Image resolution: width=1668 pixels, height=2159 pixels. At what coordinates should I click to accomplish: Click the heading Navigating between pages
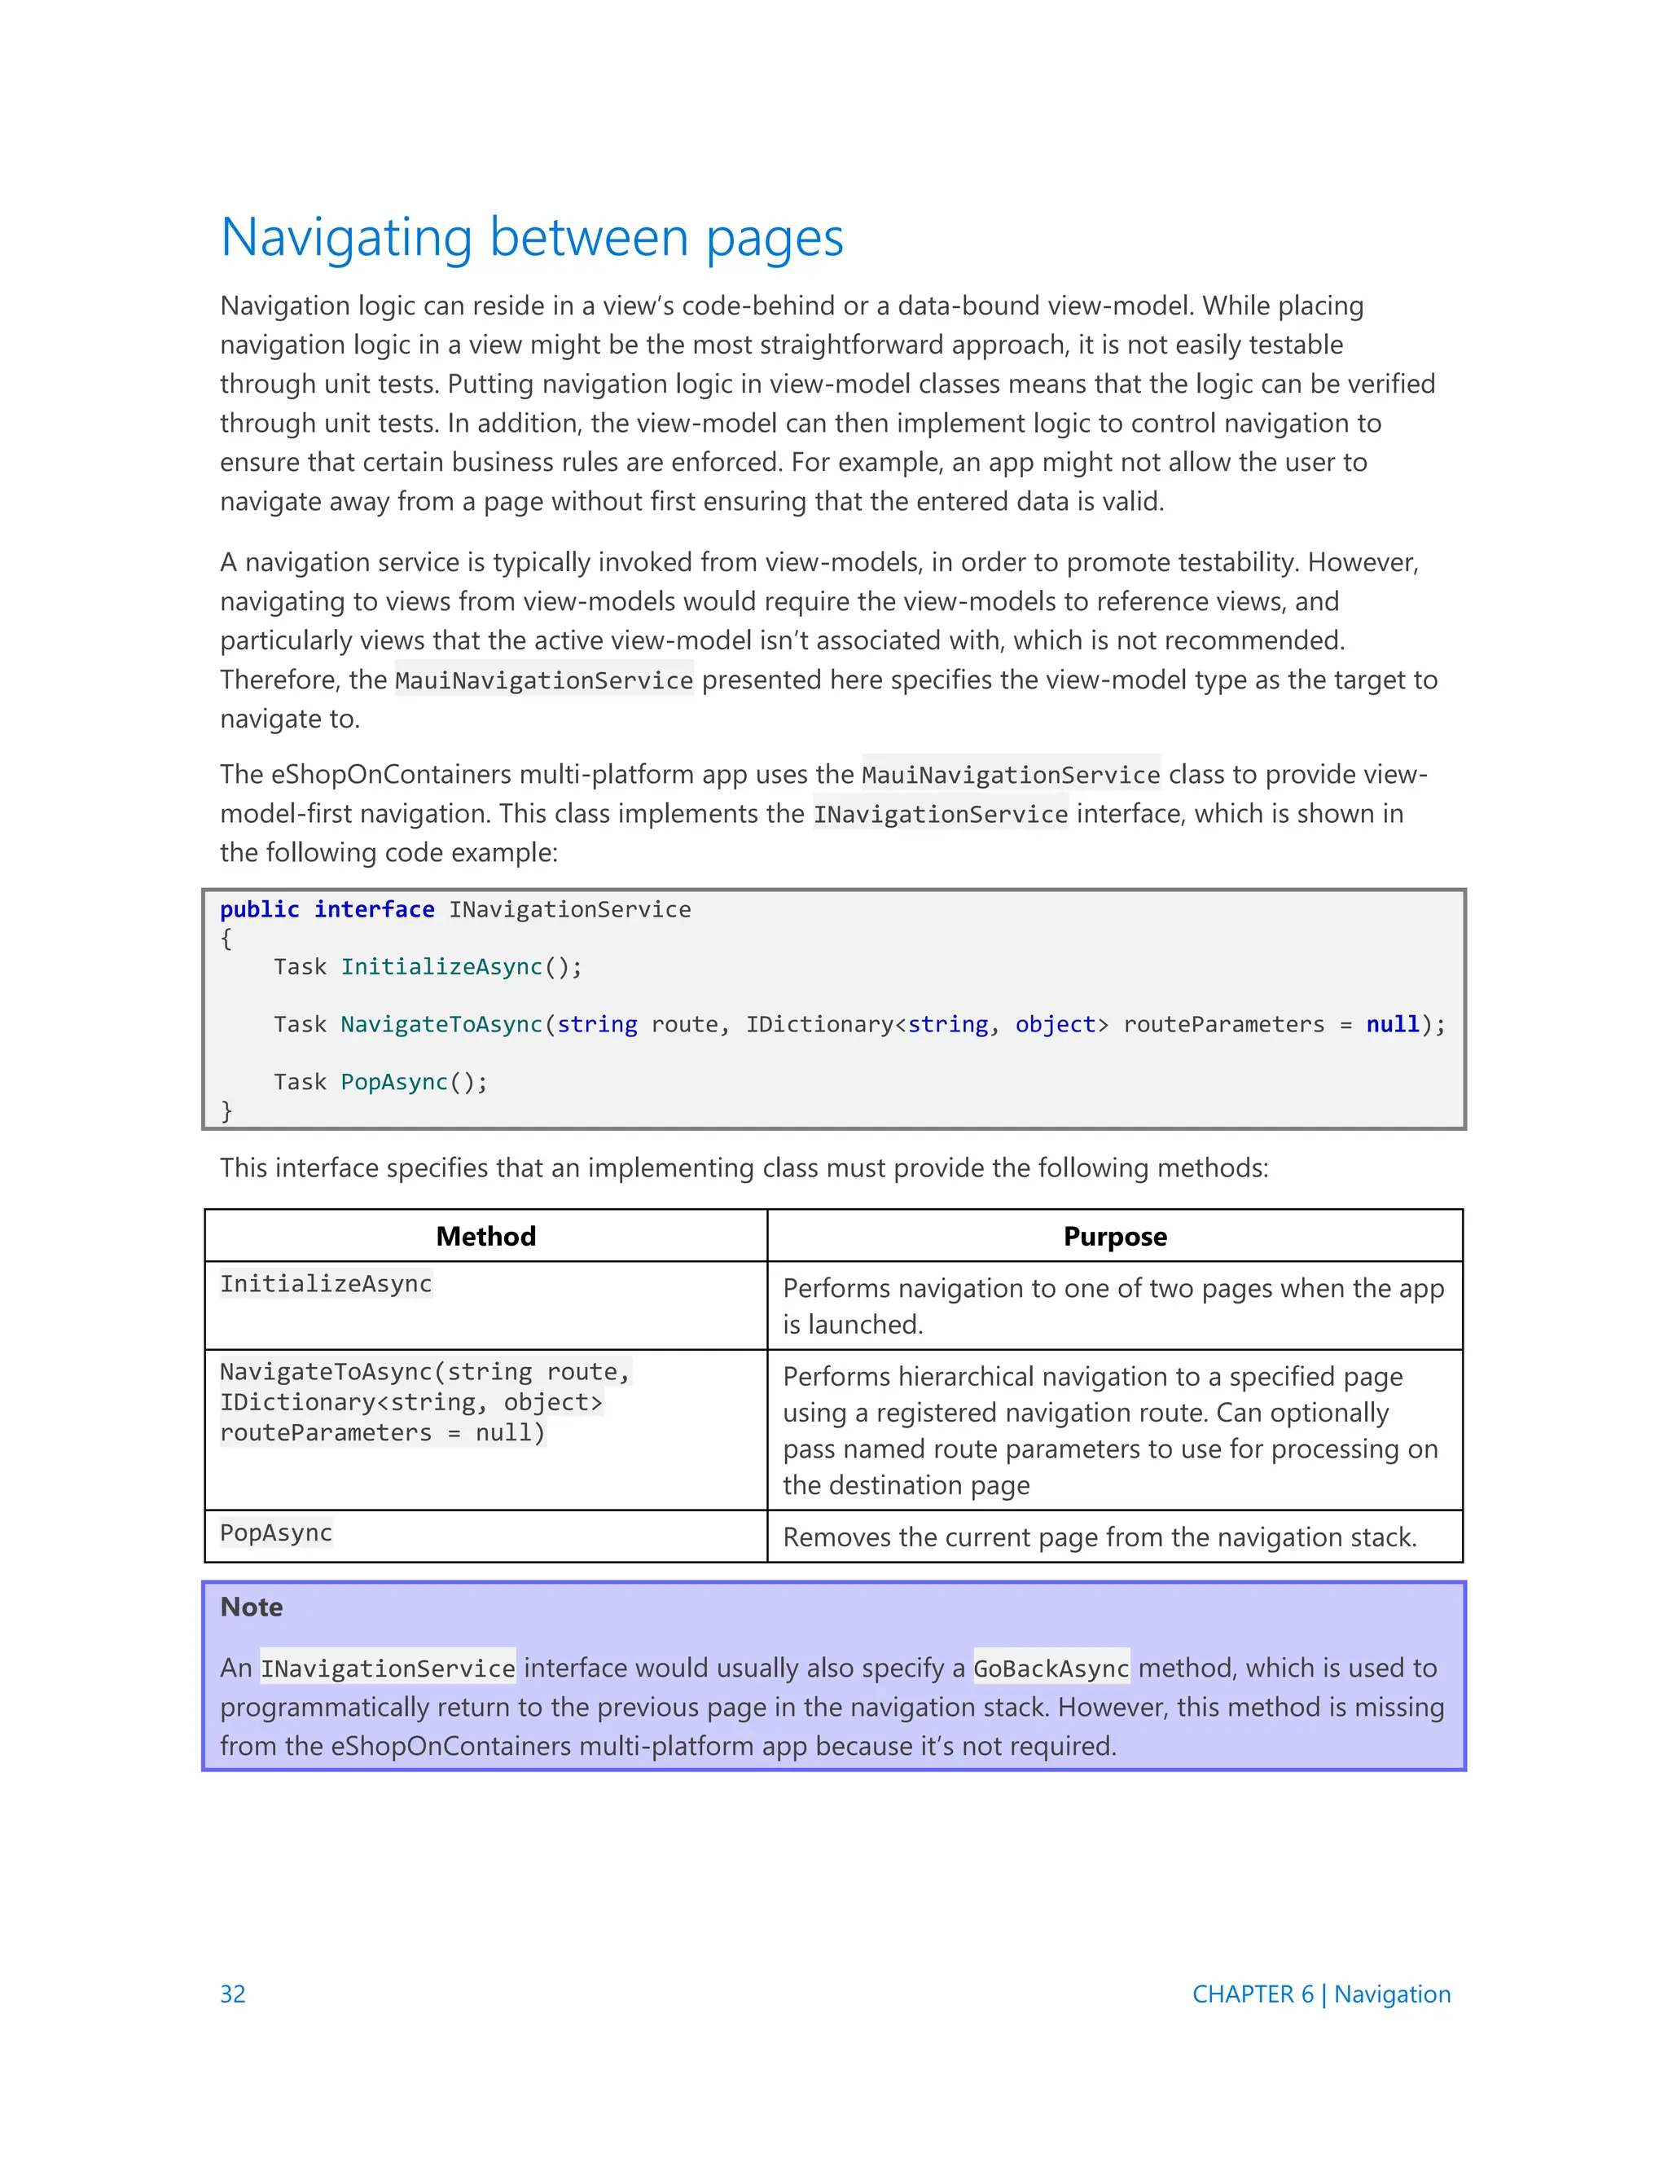tap(532, 238)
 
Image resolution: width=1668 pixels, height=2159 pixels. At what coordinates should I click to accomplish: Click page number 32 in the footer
tap(232, 1994)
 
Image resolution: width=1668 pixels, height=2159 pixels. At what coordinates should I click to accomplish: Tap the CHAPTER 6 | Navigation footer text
tap(1320, 1994)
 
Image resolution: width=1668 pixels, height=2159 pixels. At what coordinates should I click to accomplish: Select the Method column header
tap(485, 1236)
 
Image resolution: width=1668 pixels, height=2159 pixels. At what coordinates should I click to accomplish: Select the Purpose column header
tap(1115, 1236)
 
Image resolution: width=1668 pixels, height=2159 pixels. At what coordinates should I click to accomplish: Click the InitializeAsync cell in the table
tap(326, 1283)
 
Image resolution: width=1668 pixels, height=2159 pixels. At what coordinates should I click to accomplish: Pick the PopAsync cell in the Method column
tap(276, 1532)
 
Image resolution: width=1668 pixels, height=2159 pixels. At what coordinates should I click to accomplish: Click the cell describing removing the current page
tap(1099, 1537)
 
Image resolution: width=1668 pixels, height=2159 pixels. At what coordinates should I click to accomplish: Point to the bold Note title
tap(251, 1607)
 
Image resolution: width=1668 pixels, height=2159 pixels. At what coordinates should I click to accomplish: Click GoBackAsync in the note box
tap(1051, 1669)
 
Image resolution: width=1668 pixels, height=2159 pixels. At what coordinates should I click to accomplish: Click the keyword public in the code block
tap(259, 909)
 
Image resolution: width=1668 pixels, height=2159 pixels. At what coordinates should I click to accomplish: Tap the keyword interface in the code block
tap(374, 909)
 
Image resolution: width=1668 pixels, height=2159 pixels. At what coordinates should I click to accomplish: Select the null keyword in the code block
tap(1391, 1024)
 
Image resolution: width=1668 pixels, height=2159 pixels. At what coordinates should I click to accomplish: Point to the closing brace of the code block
tap(226, 1110)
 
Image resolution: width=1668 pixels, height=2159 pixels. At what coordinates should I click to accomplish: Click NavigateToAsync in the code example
tap(441, 1024)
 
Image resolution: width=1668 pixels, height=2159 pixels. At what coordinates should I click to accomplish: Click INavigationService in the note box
tap(388, 1669)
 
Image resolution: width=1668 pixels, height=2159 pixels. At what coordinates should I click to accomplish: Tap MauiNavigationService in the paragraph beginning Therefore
tap(543, 680)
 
